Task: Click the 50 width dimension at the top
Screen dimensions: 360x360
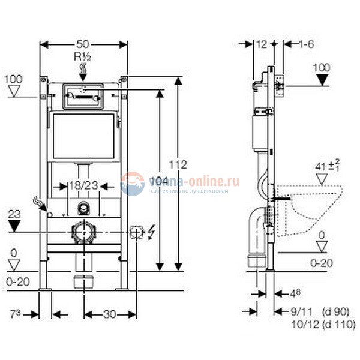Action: point(83,44)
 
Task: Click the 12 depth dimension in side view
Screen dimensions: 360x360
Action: point(261,44)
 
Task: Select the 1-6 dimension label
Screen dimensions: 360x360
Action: point(307,44)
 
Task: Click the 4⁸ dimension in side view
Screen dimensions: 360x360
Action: point(294,293)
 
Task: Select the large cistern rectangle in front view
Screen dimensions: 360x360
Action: point(83,136)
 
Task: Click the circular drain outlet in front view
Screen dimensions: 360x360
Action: point(83,232)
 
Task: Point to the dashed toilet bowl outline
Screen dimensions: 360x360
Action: point(312,210)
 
